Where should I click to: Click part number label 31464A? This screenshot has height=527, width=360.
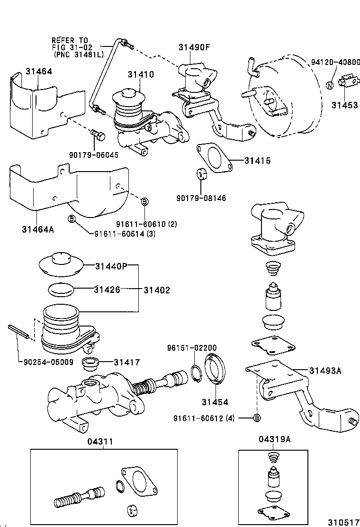pyautogui.click(x=38, y=229)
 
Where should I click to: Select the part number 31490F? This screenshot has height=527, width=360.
pyautogui.click(x=194, y=47)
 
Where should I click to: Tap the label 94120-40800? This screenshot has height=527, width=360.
pyautogui.click(x=335, y=62)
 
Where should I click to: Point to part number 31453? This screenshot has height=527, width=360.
pyautogui.click(x=344, y=105)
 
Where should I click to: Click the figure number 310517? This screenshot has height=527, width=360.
pyautogui.click(x=342, y=522)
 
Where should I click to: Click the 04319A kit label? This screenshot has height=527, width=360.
pyautogui.click(x=275, y=439)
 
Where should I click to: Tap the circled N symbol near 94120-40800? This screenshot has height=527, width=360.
pyautogui.click(x=330, y=85)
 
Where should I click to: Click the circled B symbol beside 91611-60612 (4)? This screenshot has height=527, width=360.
pyautogui.click(x=256, y=418)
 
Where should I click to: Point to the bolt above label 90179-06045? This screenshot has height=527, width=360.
pyautogui.click(x=99, y=135)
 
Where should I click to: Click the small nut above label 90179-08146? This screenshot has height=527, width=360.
pyautogui.click(x=202, y=173)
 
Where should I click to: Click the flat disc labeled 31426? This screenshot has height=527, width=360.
pyautogui.click(x=62, y=290)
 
